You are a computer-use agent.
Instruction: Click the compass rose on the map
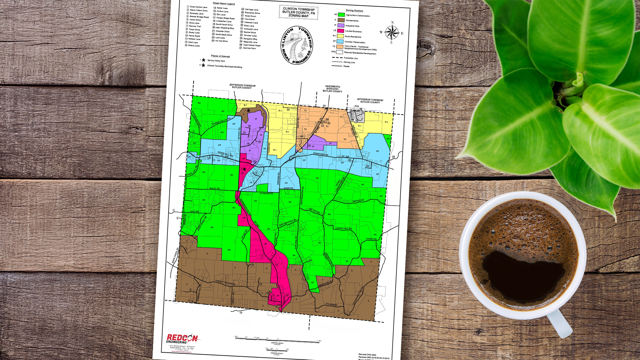392,33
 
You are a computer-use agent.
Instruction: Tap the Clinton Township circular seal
297,45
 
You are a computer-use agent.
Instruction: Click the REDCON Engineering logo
182,339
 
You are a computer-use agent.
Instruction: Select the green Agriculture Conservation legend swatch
341,15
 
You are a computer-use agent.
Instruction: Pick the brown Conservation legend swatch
341,20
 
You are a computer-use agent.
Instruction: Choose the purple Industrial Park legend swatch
341,26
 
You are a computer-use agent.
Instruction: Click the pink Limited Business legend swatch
341,31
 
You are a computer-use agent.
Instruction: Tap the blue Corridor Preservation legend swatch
340,42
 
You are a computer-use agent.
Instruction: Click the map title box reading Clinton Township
299,12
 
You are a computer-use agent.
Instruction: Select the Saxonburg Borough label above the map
332,89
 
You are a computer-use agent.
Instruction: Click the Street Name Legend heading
224,4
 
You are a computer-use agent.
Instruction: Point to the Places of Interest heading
220,56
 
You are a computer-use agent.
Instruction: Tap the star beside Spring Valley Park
204,60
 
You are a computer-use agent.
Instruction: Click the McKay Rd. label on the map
215,189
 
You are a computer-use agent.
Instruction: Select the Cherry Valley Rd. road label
225,283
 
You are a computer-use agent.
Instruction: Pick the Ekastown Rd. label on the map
321,154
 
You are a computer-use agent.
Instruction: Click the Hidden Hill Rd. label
344,229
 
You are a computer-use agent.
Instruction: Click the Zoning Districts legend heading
354,11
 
